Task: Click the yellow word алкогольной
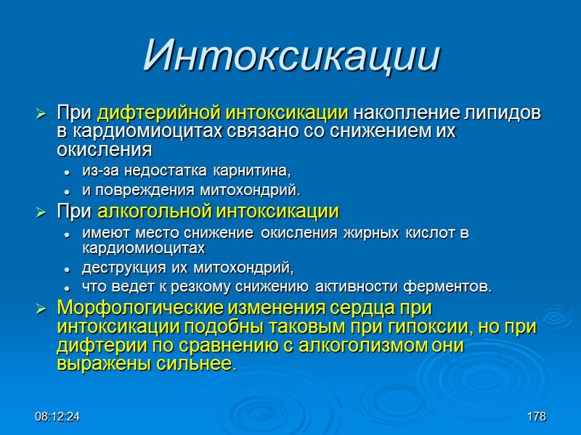coord(153,212)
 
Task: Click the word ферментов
coord(453,286)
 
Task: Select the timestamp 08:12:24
coord(57,417)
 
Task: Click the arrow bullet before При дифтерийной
coord(42,115)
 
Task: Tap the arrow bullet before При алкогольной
coord(42,212)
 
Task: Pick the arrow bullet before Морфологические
coord(42,307)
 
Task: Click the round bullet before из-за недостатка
coord(67,172)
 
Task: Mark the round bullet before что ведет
coord(67,287)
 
